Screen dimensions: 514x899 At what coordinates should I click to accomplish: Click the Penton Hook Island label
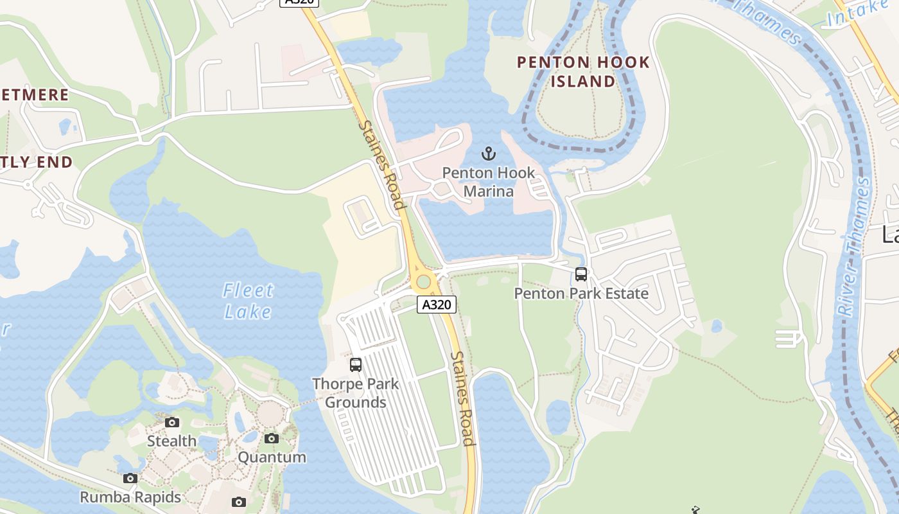pos(583,72)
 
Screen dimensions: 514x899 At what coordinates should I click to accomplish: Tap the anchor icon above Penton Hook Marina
pos(489,154)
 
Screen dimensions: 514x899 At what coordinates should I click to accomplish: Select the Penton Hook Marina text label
pos(489,182)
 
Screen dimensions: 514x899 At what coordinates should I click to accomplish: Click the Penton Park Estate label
pos(581,294)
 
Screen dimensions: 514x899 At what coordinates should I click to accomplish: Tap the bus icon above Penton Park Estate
pos(581,274)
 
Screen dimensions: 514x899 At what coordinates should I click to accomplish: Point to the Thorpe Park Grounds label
pos(355,393)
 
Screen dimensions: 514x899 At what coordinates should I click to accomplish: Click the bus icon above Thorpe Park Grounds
pos(356,365)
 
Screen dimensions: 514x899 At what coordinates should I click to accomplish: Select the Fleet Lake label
pos(249,301)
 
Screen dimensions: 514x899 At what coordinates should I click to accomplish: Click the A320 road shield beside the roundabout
pos(437,305)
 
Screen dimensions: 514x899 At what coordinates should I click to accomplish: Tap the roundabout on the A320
pos(423,281)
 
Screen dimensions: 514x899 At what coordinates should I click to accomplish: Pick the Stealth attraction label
pos(171,441)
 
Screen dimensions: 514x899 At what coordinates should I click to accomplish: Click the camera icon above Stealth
pos(171,422)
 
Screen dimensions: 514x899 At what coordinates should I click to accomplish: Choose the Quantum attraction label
pos(272,457)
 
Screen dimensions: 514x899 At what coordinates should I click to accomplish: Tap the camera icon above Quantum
pos(272,438)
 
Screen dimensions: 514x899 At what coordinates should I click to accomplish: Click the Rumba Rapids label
pos(130,497)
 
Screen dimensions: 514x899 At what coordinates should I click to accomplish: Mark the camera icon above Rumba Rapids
pos(130,478)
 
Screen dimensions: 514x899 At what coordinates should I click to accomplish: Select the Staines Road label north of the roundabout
pos(383,166)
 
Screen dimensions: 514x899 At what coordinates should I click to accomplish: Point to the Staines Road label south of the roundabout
pos(462,398)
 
